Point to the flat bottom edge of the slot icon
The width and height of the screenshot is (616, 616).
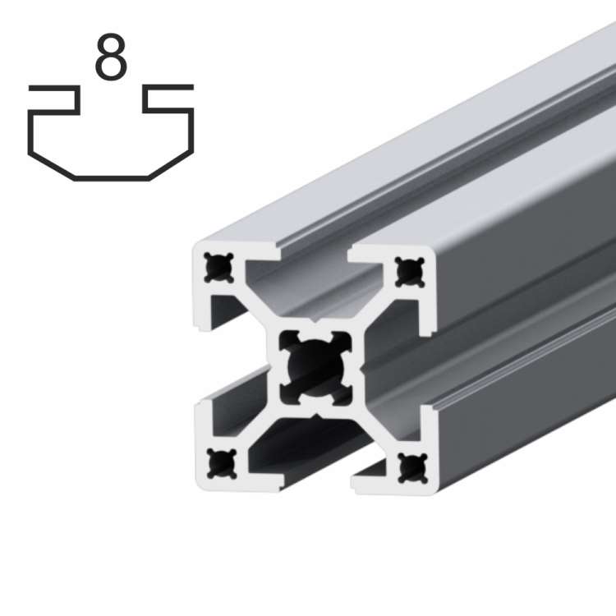tap(111, 177)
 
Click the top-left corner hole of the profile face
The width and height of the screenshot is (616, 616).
tap(218, 267)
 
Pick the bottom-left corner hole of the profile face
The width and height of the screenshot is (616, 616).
tap(219, 463)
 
